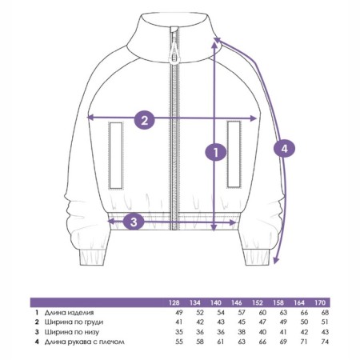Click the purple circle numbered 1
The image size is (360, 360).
216,152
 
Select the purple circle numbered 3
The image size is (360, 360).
134,222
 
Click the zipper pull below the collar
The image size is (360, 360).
174,50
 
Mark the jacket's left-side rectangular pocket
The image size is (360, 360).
116,155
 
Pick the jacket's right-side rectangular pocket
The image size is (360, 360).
234,154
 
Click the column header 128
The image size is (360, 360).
174,302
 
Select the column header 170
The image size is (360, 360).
320,302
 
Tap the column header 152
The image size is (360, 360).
258,302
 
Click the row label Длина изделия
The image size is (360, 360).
69,313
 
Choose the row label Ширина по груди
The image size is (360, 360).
74,322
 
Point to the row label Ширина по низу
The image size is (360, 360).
72,332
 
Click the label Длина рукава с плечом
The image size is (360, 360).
85,342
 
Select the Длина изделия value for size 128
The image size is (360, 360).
179,313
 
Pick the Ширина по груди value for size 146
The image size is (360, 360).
242,322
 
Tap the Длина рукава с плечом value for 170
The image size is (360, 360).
325,342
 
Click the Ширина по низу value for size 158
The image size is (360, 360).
283,332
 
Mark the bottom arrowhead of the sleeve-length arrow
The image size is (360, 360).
276,261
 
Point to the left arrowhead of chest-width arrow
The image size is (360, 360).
90,117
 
